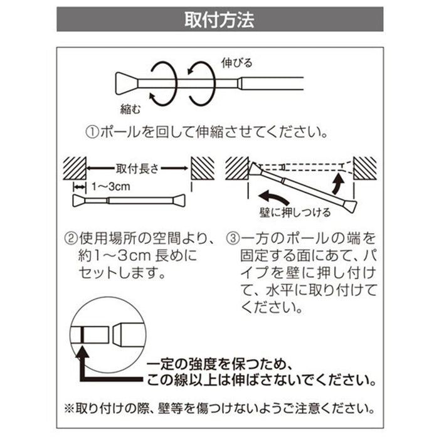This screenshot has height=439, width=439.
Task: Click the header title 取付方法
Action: pyautogui.click(x=219, y=20)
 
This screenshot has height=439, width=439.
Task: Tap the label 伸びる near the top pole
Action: pyautogui.click(x=237, y=63)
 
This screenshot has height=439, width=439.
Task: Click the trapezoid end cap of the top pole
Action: pyautogui.click(x=125, y=82)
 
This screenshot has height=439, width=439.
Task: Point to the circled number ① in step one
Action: pyautogui.click(x=91, y=133)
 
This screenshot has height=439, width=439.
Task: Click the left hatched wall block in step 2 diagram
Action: pyautogui.click(x=75, y=168)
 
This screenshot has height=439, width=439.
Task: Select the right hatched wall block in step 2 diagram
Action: pyautogui.click(x=203, y=168)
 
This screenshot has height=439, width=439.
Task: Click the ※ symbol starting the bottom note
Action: pyautogui.click(x=68, y=406)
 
